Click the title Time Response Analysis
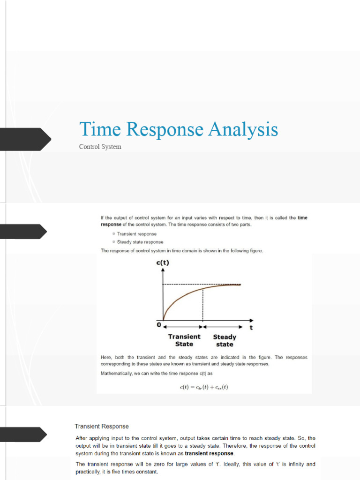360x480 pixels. pyautogui.click(x=179, y=129)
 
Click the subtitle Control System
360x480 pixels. pyautogui.click(x=100, y=147)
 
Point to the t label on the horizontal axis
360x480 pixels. pyautogui.click(x=251, y=328)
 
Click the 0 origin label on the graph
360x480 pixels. pyautogui.click(x=159, y=324)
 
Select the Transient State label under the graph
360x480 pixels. pyautogui.click(x=184, y=340)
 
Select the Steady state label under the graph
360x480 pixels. pyautogui.click(x=225, y=340)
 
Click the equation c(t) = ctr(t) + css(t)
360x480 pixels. pyautogui.click(x=204, y=387)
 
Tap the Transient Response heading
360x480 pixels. pyautogui.click(x=102, y=426)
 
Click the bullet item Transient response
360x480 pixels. pyautogui.click(x=137, y=233)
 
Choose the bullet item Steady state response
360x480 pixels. pyautogui.click(x=140, y=242)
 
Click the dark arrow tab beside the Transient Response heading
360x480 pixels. pyautogui.click(x=23, y=434)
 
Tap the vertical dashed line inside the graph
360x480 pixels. pyautogui.click(x=202, y=305)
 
